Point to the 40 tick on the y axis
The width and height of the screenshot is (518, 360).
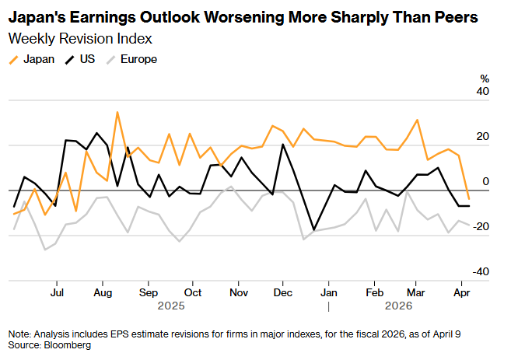(x=483, y=92)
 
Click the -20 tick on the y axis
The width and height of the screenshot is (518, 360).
(x=481, y=226)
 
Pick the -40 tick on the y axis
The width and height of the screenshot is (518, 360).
(x=481, y=271)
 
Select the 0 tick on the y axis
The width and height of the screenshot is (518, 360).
(x=486, y=181)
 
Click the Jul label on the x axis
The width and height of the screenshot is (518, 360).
(x=56, y=293)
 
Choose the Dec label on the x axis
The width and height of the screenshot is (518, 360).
(x=284, y=293)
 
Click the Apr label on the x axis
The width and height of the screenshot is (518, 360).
(x=462, y=293)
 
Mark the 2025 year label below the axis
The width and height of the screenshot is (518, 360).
(x=170, y=306)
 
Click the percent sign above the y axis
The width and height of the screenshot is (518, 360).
(x=485, y=79)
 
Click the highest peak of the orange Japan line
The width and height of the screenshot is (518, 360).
(x=117, y=113)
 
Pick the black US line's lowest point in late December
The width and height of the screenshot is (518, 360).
(x=313, y=230)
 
